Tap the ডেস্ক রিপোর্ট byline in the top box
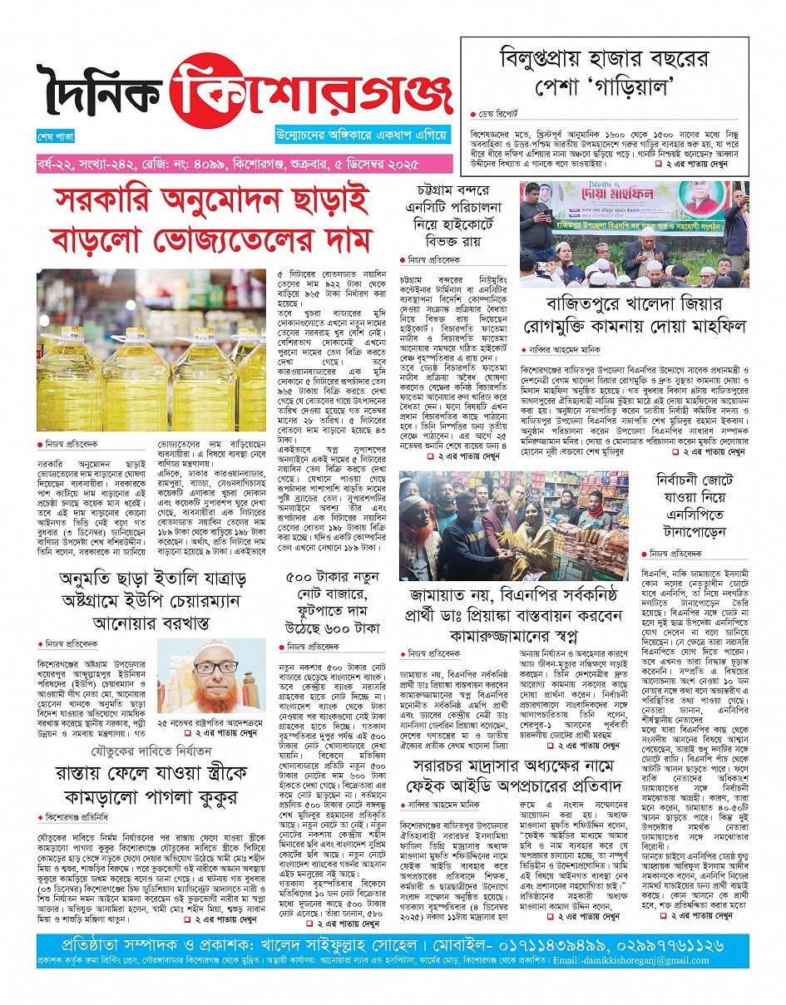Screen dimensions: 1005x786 [x=500, y=114]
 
